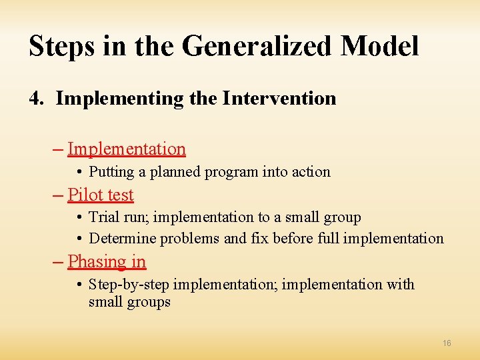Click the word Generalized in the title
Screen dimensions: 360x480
pyautogui.click(x=257, y=47)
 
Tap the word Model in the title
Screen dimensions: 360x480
pyautogui.click(x=379, y=47)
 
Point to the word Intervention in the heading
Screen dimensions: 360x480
pyautogui.click(x=279, y=99)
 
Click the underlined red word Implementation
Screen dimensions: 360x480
pyautogui.click(x=126, y=149)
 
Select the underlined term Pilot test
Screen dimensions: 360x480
pyautogui.click(x=100, y=195)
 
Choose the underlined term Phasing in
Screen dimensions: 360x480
pyautogui.click(x=107, y=261)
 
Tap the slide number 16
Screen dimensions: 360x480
pyautogui.click(x=447, y=343)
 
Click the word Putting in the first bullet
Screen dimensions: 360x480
pyautogui.click(x=111, y=172)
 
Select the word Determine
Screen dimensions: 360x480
pyautogui.click(x=121, y=239)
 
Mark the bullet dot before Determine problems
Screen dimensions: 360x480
pyautogui.click(x=79, y=239)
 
